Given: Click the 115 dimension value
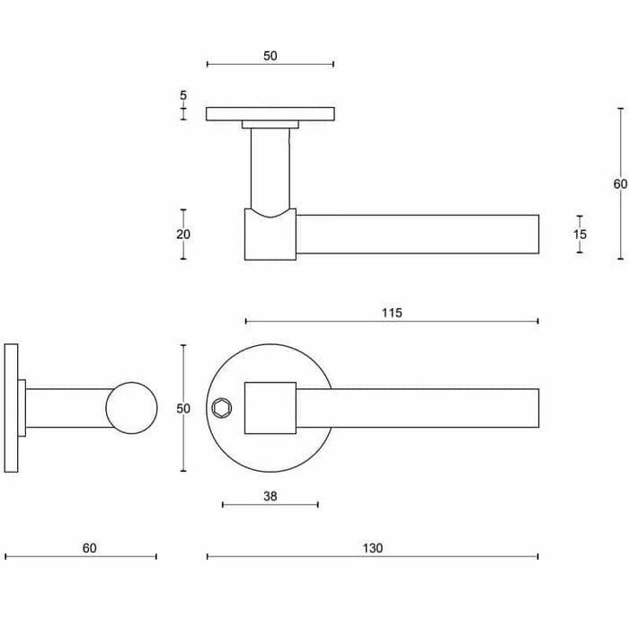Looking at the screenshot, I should tap(391, 313).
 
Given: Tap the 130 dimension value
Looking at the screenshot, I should tap(374, 548).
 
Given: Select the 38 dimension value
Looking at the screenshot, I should tap(270, 494).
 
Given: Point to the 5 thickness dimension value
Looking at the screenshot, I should tap(183, 95).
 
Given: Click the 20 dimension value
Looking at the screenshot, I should tap(183, 235).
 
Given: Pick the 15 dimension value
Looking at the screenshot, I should tap(580, 235).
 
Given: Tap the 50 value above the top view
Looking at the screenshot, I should tap(270, 56).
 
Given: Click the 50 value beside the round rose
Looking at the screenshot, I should tap(183, 409).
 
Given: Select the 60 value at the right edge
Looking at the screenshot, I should tap(620, 184).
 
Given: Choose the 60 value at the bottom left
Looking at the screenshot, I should tap(89, 548).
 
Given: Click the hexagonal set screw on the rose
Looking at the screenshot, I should tap(221, 409).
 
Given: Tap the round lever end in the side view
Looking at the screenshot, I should tap(131, 409).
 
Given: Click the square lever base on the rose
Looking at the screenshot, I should tap(270, 409).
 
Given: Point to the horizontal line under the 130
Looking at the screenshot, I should tap(373, 557).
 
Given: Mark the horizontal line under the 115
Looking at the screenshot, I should tap(392, 321).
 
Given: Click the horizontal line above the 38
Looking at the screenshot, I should tap(270, 504).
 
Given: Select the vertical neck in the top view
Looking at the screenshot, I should tap(270, 171).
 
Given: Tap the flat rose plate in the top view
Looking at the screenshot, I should tap(270, 114).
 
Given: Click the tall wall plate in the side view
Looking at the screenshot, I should tap(11, 409).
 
